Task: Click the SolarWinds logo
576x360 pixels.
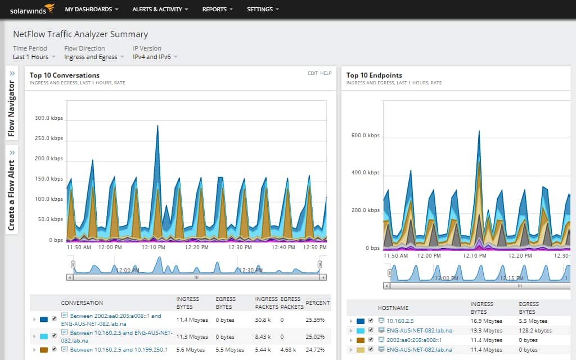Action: tap(30, 9)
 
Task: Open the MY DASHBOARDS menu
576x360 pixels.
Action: tap(92, 10)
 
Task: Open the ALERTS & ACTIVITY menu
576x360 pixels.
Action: tap(160, 10)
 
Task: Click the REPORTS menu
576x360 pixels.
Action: tap(217, 10)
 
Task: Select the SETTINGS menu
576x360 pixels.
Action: tap(263, 10)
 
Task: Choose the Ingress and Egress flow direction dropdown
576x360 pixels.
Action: tap(93, 57)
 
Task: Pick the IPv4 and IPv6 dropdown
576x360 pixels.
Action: tap(155, 57)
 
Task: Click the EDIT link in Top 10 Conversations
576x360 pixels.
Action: tap(312, 73)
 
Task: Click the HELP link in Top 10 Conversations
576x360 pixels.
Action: tap(326, 73)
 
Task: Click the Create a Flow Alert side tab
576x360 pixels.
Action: tap(12, 190)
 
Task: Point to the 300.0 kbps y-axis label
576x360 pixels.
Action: tap(49, 118)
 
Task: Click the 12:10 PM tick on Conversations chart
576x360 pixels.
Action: tap(153, 247)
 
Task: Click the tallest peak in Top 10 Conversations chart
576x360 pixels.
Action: tap(157, 127)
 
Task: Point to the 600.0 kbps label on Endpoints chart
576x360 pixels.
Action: tap(365, 136)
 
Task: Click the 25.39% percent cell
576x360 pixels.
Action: tap(317, 319)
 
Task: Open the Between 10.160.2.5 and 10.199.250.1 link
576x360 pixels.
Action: tap(110, 349)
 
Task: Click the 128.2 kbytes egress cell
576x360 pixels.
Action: tap(535, 330)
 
